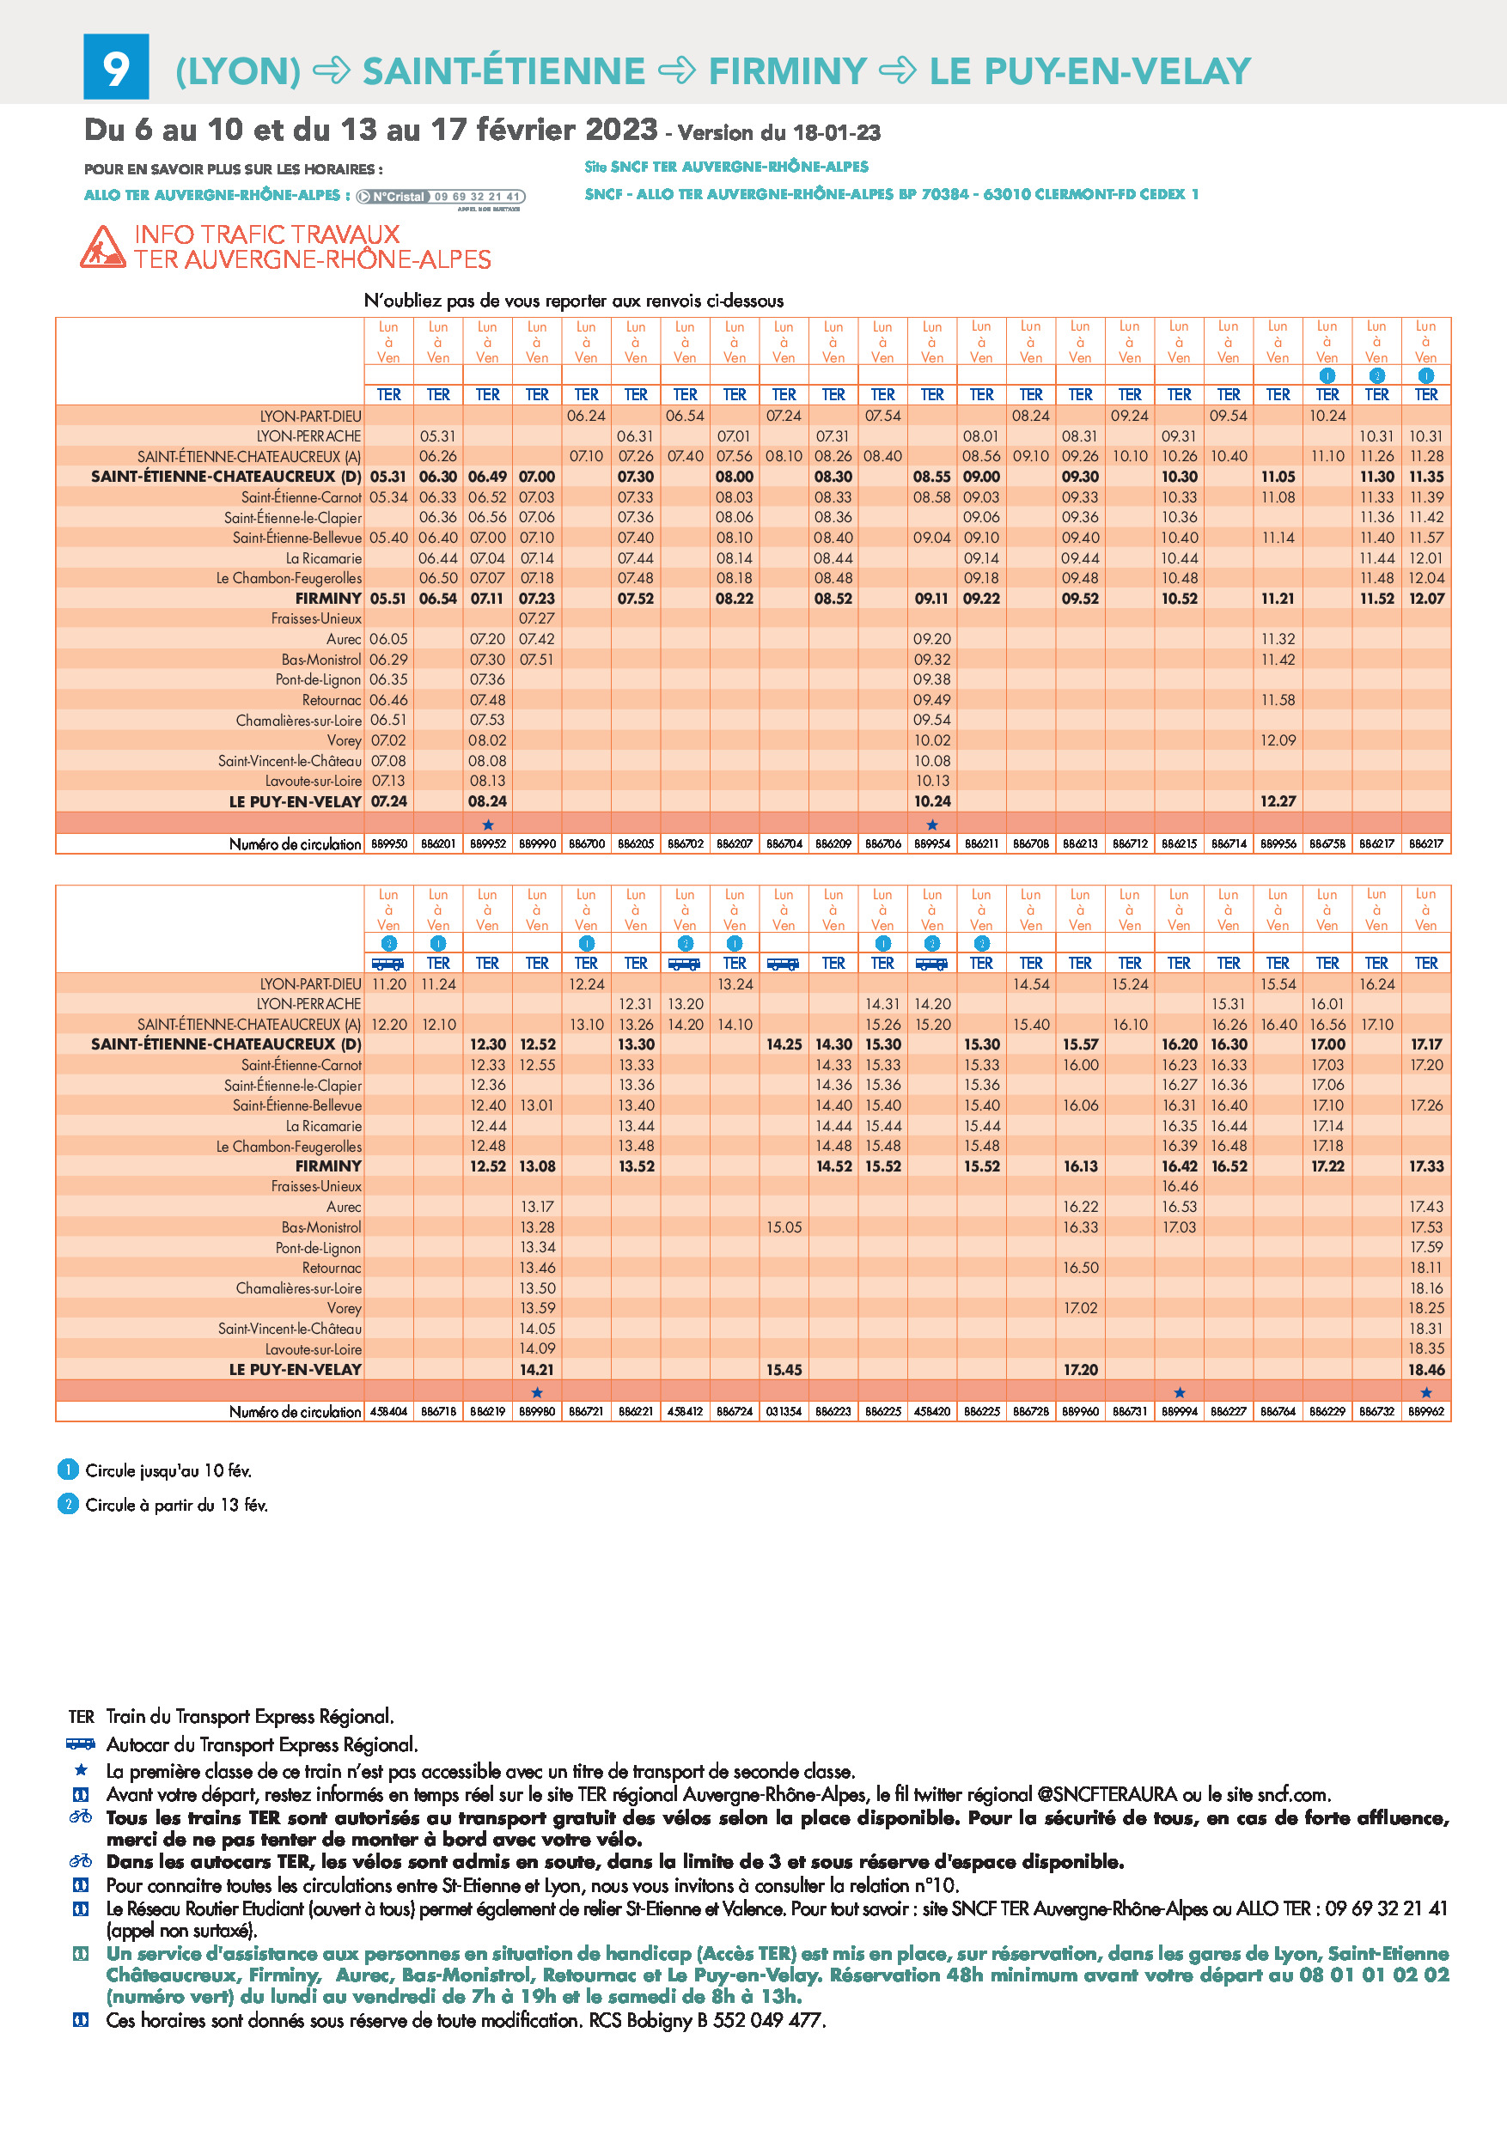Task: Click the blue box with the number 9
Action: pos(116,67)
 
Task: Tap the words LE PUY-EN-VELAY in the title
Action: pos(1090,71)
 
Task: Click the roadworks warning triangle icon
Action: pos(102,246)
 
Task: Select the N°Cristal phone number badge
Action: pos(441,197)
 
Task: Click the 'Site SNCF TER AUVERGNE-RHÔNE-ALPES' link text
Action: pos(727,167)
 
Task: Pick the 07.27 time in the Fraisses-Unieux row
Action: pos(536,618)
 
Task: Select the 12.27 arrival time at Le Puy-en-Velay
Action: pos(1278,801)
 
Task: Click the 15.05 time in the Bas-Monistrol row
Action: pos(784,1227)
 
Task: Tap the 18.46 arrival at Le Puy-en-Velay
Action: pos(1426,1370)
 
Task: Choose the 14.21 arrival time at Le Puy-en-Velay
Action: pos(536,1370)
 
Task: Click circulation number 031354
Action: pos(784,1412)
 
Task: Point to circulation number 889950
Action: pos(389,844)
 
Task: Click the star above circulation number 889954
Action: pos(932,825)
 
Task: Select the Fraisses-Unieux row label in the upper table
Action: pos(316,618)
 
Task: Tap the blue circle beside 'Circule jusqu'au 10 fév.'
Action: pos(68,1470)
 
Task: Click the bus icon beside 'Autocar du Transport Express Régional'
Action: pos(81,1744)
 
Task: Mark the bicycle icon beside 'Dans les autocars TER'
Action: pos(81,1861)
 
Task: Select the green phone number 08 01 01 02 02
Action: pos(1375,1975)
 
